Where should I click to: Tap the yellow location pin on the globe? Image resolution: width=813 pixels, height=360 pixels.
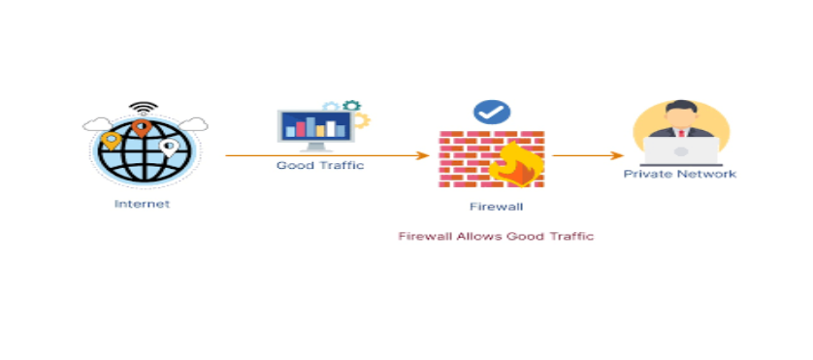pos(112,142)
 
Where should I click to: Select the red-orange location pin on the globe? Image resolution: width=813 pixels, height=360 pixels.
pos(142,127)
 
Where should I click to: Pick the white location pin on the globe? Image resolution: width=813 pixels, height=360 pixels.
pos(169,147)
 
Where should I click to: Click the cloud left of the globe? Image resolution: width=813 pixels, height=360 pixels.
pos(96,124)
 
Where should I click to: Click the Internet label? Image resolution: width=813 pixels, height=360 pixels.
pos(142,204)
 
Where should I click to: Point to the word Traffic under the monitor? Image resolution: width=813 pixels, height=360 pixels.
pos(341,166)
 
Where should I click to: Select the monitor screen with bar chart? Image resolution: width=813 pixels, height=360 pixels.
pos(314,127)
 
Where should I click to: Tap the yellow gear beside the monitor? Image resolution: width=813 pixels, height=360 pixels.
pos(361,120)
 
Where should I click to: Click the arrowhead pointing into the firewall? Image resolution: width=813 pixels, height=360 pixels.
pos(423,155)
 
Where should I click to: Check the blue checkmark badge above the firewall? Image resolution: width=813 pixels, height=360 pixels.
pos(492,112)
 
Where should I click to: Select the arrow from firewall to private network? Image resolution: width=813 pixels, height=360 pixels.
pos(587,155)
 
